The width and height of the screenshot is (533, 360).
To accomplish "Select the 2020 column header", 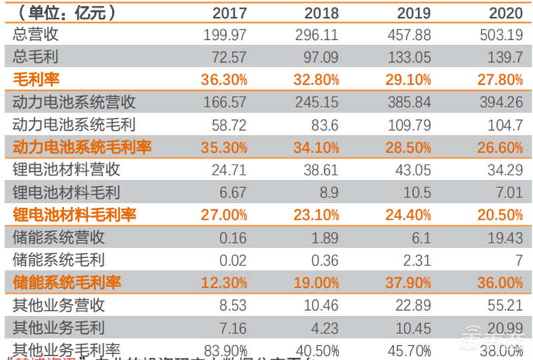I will click(506, 13).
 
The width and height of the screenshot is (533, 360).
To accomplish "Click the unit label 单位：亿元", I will click(64, 12).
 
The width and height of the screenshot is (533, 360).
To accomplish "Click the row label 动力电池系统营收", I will click(74, 102).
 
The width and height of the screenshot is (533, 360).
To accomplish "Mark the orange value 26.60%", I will click(500, 147).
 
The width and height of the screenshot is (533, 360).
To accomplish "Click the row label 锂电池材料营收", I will click(66, 170).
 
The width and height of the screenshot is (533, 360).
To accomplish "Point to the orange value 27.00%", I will click(224, 215).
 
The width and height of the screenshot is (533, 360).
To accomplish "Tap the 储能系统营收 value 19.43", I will click(504, 238).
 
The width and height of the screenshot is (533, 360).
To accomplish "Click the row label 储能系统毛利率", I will click(67, 283).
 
